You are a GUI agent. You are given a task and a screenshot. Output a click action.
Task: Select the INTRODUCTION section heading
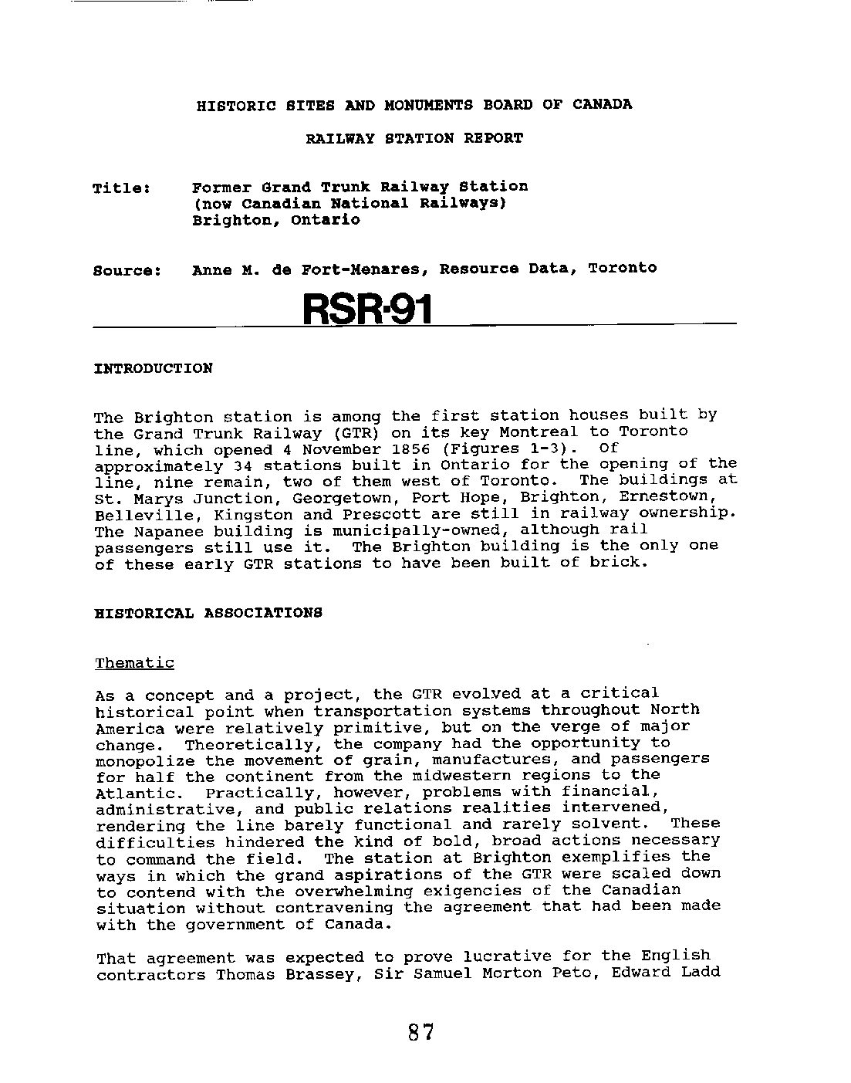coord(153,368)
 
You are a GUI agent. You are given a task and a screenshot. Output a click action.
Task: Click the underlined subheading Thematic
coord(135,663)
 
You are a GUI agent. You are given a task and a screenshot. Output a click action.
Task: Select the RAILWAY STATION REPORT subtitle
coord(414,139)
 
